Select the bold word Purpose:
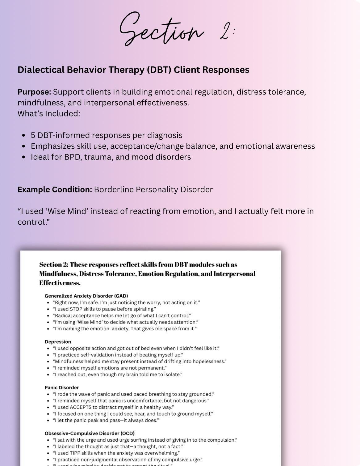(x=34, y=92)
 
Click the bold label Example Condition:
(x=55, y=189)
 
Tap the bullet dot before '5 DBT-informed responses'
(x=24, y=135)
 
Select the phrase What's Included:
(x=49, y=114)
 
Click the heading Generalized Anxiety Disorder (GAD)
(x=86, y=296)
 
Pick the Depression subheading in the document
(x=58, y=342)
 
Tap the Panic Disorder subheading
(x=62, y=388)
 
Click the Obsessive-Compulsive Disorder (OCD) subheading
(x=90, y=433)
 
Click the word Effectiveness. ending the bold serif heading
(x=60, y=283)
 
